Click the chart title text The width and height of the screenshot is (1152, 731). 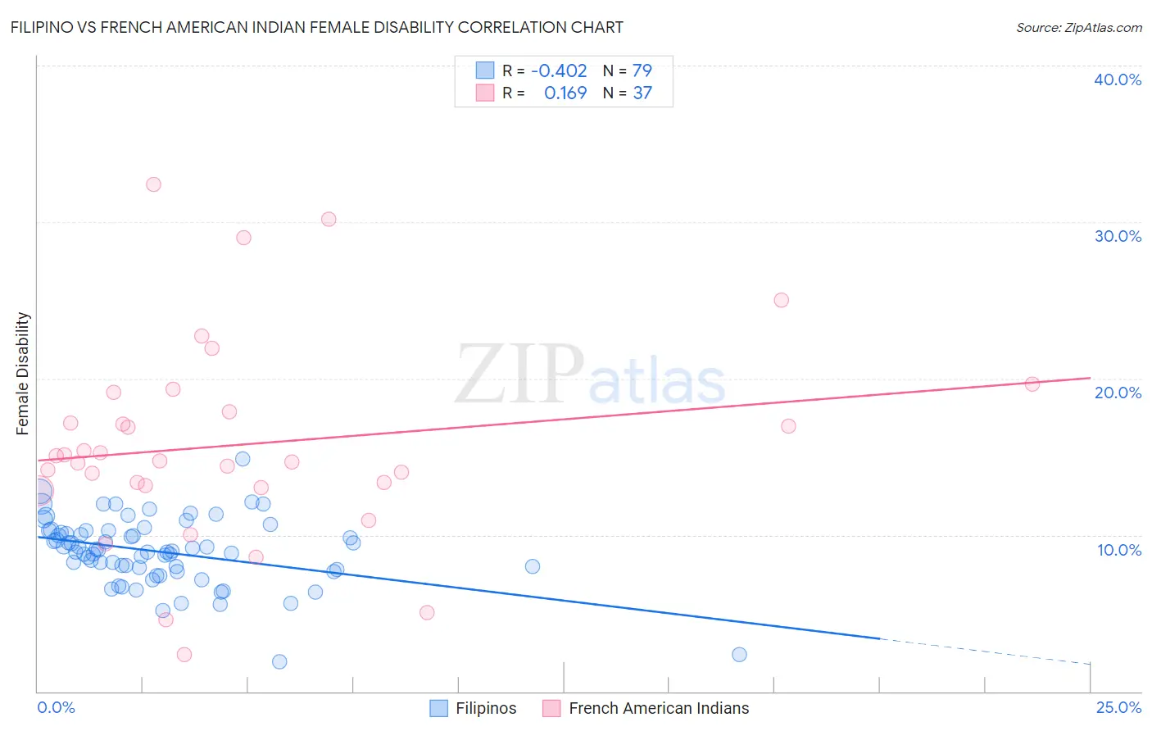click(316, 27)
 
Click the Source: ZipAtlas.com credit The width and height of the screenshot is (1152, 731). click(1078, 27)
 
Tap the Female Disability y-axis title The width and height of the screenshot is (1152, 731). click(23, 373)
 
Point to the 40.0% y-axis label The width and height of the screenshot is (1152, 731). click(1117, 79)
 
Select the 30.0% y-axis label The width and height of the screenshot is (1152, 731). click(1117, 236)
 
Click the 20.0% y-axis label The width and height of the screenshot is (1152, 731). click(1117, 393)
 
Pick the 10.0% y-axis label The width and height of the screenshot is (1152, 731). click(1118, 550)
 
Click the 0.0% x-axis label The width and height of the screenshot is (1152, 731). click(56, 707)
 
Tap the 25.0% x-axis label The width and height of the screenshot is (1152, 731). click(1118, 707)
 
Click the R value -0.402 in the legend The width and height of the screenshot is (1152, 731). click(559, 71)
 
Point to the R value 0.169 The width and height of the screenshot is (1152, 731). click(565, 93)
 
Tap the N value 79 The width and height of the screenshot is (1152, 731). click(642, 71)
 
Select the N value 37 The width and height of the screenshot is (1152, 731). click(642, 93)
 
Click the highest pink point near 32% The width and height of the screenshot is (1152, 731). click(153, 184)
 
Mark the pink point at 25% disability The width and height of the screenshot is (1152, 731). click(781, 300)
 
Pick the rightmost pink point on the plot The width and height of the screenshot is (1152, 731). click(1032, 384)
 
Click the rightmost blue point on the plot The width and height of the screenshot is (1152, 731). click(739, 654)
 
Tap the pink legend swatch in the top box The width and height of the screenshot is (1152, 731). click(485, 93)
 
